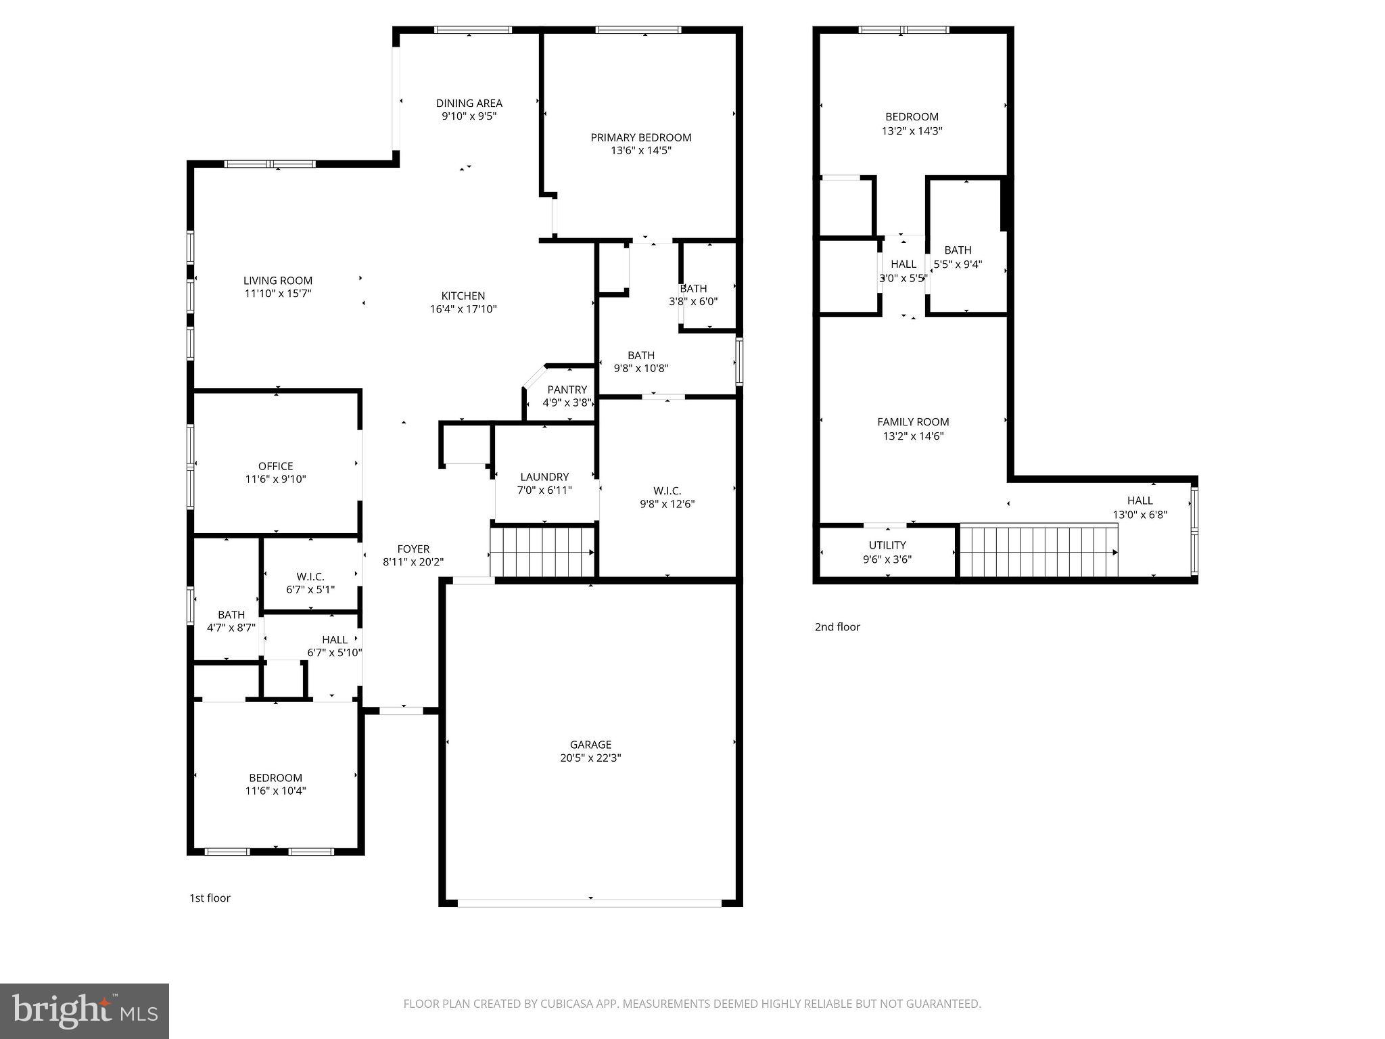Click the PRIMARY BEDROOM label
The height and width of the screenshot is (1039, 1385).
point(640,138)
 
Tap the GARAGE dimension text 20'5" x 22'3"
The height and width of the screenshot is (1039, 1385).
point(590,758)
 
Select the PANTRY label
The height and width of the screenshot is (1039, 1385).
point(567,390)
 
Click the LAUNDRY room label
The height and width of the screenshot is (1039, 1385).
point(544,477)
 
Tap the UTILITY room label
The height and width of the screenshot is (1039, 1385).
point(887,545)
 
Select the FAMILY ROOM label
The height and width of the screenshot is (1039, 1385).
point(913,422)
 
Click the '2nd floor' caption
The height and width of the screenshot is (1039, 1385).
point(837,627)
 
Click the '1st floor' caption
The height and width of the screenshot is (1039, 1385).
point(210,898)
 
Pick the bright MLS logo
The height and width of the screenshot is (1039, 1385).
point(85,1011)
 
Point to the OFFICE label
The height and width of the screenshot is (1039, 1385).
point(275,466)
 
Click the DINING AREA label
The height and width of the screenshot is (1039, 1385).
point(469,103)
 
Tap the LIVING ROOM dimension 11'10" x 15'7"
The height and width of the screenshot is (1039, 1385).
point(278,294)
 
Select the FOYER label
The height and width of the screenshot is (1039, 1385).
point(413,549)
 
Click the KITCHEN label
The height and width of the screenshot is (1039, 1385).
point(463,296)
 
